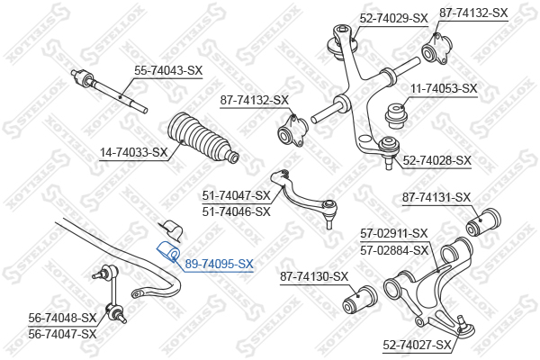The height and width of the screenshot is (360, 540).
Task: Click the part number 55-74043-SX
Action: pos(168,71)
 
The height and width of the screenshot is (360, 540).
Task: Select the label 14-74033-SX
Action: pos(133,152)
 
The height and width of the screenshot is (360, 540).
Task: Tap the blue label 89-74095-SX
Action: pos(219,265)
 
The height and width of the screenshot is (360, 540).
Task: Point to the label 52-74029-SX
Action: pos(393,18)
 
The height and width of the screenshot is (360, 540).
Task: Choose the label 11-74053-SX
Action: pos(444,89)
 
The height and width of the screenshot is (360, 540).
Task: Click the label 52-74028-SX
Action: pos(436,160)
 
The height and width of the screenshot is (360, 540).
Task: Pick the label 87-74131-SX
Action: pos(436,198)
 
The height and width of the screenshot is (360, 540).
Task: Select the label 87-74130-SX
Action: pos(314,276)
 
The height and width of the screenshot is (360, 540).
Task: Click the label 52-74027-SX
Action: pos(417,345)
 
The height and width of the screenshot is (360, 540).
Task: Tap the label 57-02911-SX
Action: pos(394,234)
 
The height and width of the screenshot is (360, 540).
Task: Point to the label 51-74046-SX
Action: pos(236,211)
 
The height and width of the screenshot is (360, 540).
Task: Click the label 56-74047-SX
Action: pos(62,334)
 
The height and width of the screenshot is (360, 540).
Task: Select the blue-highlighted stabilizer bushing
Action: pos(168,252)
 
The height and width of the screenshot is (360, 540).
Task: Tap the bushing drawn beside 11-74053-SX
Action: pos(397,116)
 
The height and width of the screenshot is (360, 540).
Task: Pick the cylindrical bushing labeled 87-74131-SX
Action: pos(483,222)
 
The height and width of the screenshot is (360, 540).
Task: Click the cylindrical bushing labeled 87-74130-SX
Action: pos(360,300)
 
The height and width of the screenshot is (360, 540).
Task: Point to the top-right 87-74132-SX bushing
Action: pos(437,49)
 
